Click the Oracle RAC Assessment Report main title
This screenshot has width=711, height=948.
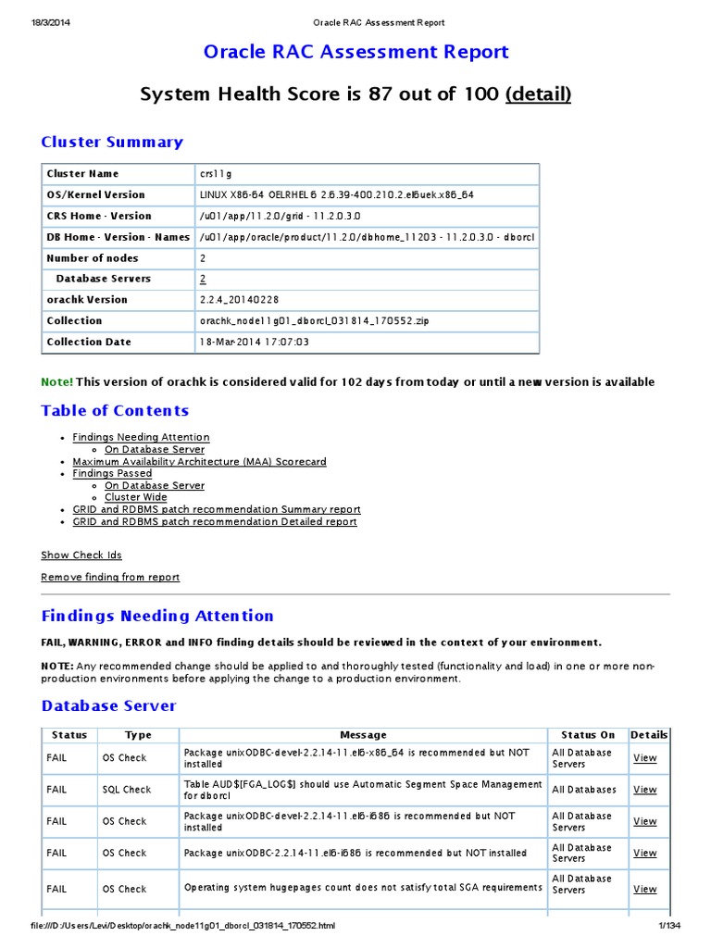click(355, 52)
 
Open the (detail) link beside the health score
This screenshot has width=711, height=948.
click(538, 94)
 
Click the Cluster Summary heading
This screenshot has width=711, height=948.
click(112, 142)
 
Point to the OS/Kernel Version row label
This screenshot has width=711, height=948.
click(95, 195)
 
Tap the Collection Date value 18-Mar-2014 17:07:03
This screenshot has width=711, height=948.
click(254, 343)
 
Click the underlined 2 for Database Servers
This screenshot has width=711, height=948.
click(203, 279)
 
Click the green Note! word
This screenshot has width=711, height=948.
click(56, 382)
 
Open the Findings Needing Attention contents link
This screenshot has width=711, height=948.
click(141, 437)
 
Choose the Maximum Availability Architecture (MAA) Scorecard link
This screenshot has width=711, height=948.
click(199, 461)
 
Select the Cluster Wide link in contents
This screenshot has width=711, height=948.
click(135, 497)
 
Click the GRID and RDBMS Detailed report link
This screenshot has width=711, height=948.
click(215, 521)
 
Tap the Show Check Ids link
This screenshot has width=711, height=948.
click(81, 555)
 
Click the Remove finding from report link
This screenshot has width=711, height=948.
click(110, 578)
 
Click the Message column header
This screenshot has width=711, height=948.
click(363, 735)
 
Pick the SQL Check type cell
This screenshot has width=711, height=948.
click(126, 790)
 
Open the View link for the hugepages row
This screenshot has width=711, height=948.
click(644, 889)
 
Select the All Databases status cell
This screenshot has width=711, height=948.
click(583, 790)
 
